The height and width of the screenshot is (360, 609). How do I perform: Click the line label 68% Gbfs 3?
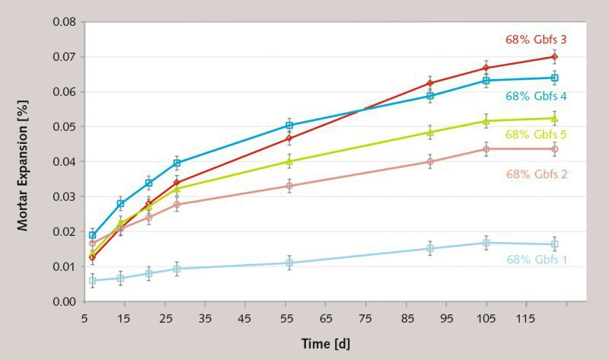[x=536, y=39]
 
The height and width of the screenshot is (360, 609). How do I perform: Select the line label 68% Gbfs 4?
[x=536, y=97]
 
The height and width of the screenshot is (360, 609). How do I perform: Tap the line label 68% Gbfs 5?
[x=536, y=135]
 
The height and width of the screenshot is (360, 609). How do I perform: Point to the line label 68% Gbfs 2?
[x=536, y=174]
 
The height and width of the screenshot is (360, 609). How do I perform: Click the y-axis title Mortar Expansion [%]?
[x=26, y=161]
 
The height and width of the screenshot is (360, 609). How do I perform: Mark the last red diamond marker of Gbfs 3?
[x=554, y=56]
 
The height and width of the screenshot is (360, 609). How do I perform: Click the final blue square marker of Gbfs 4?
[x=554, y=78]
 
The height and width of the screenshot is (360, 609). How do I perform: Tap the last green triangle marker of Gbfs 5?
[x=554, y=119]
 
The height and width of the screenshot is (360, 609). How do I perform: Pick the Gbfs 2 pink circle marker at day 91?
[x=430, y=161]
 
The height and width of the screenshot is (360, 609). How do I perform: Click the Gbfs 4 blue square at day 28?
[x=177, y=163]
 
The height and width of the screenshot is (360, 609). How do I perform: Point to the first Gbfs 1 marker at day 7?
[x=92, y=281]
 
